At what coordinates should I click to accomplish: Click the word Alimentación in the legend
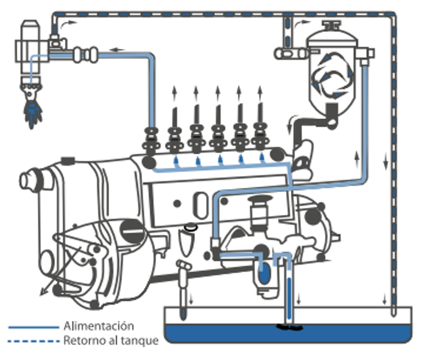[99, 326]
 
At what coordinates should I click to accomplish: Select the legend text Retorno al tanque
[111, 340]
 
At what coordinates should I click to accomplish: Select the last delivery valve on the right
[260, 137]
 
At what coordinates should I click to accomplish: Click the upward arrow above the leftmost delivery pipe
[174, 92]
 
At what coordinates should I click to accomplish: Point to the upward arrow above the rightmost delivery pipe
[260, 92]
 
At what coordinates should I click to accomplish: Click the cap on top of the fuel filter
[332, 25]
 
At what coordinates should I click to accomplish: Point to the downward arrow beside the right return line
[386, 162]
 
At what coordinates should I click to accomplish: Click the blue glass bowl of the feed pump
[265, 274]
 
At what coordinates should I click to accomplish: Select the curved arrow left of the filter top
[303, 23]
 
